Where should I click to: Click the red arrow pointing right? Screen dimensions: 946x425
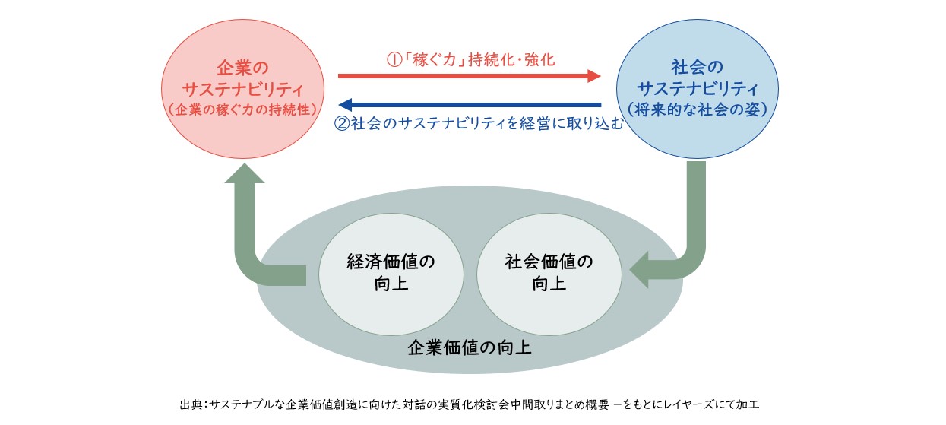tap(469, 76)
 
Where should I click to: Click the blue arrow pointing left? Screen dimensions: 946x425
tap(470, 105)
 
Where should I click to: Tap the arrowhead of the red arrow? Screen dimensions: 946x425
tap(594, 76)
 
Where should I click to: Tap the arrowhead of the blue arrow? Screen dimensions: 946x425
tap(346, 105)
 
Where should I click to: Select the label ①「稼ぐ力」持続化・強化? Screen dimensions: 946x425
tap(470, 59)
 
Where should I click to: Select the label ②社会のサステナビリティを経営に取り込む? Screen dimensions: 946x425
tap(479, 123)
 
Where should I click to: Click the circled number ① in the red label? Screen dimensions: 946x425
tap(394, 59)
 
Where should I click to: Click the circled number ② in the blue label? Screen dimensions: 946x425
tap(342, 123)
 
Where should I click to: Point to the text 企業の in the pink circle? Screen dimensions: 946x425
tap(242, 67)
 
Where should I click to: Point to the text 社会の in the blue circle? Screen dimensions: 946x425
tap(698, 66)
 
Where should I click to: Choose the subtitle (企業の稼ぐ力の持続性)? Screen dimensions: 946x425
tap(242, 109)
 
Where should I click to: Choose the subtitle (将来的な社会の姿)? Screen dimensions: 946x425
tap(698, 109)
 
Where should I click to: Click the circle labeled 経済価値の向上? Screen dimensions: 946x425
tap(391, 274)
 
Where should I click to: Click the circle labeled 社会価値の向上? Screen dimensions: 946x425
tap(549, 274)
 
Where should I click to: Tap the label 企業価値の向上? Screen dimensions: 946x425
tap(469, 347)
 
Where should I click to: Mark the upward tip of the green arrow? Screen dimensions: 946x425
tap(245, 164)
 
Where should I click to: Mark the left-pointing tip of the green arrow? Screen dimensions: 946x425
tap(630, 270)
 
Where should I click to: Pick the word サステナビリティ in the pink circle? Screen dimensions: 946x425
tap(242, 89)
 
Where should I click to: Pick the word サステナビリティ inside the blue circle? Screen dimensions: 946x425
tap(698, 89)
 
